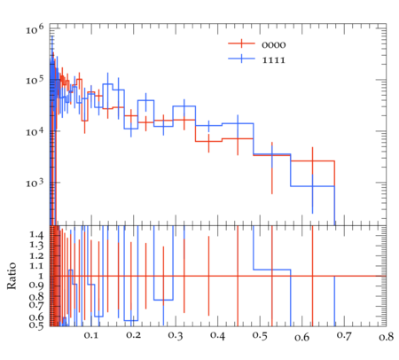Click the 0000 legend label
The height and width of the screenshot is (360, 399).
click(x=274, y=45)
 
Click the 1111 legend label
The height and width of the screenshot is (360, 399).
click(x=274, y=60)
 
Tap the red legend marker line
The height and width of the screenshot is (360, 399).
click(x=241, y=43)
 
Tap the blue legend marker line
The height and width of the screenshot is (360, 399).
click(x=241, y=59)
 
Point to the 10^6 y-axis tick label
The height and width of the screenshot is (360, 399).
click(x=35, y=29)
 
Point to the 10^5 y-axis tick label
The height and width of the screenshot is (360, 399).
click(x=35, y=80)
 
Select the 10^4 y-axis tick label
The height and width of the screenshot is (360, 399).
click(x=35, y=131)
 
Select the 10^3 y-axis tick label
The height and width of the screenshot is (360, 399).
click(x=35, y=183)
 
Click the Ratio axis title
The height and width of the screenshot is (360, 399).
click(x=12, y=276)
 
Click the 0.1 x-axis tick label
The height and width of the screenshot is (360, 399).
click(x=91, y=335)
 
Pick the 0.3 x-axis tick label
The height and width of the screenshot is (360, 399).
click(x=176, y=335)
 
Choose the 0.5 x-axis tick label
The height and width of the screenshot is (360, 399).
click(x=260, y=336)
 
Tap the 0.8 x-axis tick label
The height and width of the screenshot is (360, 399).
click(x=387, y=337)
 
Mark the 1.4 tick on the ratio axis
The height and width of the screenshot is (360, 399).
click(x=36, y=235)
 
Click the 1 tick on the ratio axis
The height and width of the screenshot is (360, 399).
click(x=41, y=276)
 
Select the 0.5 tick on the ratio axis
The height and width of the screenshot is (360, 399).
click(x=36, y=325)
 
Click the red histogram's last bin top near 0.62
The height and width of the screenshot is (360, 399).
click(x=312, y=161)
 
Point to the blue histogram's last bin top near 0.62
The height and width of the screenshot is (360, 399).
click(x=312, y=186)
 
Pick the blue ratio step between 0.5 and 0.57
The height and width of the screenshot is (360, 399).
click(x=272, y=270)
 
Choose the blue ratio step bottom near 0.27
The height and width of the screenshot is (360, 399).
click(x=163, y=300)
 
